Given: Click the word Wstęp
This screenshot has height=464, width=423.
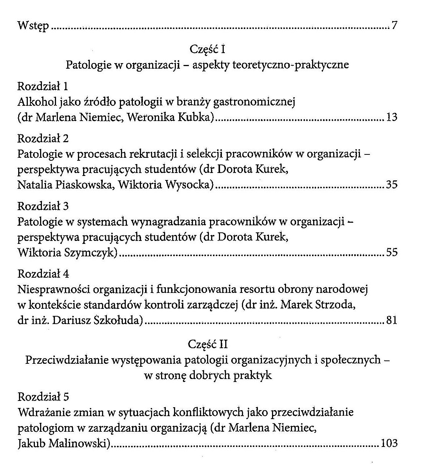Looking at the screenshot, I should (x=33, y=26).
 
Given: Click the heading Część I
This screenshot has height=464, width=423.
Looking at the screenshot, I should (x=207, y=49).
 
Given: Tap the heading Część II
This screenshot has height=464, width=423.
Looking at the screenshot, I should (x=207, y=344).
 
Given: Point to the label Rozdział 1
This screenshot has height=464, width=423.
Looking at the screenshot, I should (x=43, y=86).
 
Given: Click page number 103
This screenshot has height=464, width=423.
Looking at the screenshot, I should (x=389, y=443).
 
